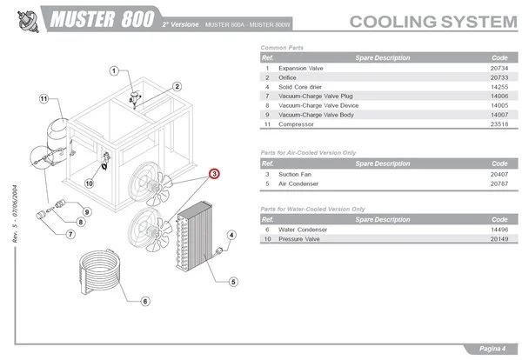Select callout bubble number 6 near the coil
pos(144,301)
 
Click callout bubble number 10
pos(89,183)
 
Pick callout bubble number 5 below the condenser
pos(233,281)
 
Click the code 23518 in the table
pos(499,124)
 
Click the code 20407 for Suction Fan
pos(499,174)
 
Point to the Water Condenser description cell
pos(304,230)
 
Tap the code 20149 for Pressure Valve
pos(499,238)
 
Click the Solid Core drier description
pos(303,87)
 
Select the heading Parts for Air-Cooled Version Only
pos(309,152)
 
